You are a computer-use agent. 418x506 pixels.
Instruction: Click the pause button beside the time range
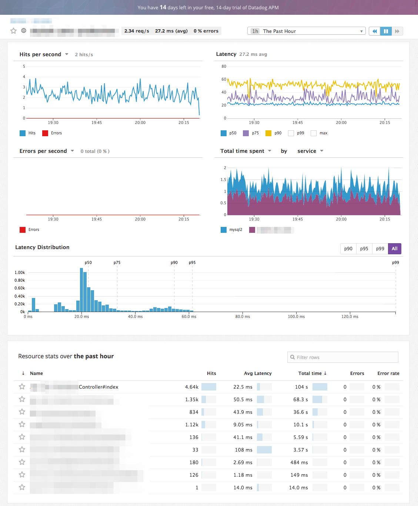point(386,31)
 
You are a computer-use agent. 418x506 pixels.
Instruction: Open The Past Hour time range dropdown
point(306,31)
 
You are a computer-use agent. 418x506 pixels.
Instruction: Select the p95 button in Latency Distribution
point(364,249)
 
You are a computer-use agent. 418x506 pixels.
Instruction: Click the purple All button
point(394,249)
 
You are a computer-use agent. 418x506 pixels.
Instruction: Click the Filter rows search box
point(343,357)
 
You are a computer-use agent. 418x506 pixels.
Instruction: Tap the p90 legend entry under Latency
point(274,133)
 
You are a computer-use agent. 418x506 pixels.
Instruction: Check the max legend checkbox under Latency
point(314,133)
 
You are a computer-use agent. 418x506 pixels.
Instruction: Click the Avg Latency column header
point(258,373)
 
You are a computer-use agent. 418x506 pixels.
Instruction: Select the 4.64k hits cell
point(192,387)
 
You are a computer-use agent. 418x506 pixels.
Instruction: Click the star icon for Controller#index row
point(22,387)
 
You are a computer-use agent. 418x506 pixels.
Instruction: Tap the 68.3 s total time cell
point(301,399)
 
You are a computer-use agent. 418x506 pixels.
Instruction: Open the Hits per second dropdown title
point(44,54)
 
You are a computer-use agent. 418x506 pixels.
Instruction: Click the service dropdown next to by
point(310,151)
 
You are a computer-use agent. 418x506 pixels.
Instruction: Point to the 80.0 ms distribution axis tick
point(243,317)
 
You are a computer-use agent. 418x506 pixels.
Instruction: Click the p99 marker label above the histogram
point(395,263)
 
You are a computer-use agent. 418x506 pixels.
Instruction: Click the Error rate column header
point(388,373)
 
